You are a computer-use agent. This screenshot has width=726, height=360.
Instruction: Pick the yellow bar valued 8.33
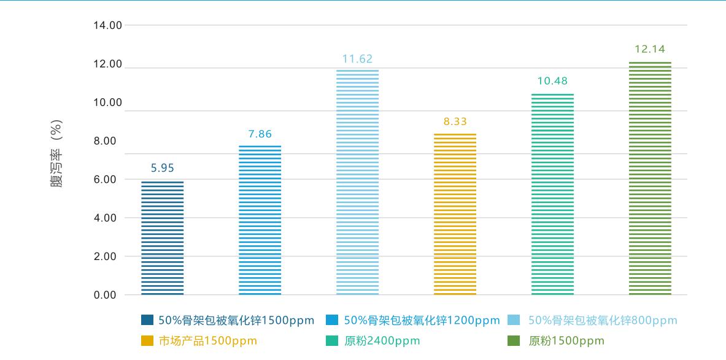point(455,214)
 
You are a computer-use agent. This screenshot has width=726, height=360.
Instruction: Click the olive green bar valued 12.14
point(650,178)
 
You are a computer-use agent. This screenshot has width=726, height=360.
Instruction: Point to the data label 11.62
point(357,59)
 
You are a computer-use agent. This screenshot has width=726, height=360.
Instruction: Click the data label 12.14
point(650,49)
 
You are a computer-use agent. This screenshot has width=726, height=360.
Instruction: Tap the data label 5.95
point(163,168)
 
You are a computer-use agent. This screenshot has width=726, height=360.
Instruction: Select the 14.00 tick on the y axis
point(108,26)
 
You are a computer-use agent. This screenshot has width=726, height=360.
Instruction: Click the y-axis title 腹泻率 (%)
point(56,153)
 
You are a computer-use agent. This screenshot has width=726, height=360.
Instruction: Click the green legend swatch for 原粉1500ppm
point(516,341)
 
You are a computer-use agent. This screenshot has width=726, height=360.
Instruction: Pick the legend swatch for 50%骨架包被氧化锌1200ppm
point(332,320)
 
